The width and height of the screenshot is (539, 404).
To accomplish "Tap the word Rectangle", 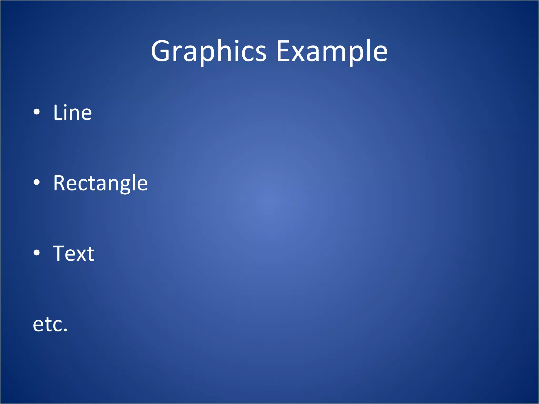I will point(100,183).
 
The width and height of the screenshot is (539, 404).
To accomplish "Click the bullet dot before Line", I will point(37,112).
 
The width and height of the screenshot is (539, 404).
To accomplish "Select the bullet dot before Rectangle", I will point(37,182).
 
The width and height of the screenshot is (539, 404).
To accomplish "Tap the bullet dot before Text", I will point(37,252).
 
